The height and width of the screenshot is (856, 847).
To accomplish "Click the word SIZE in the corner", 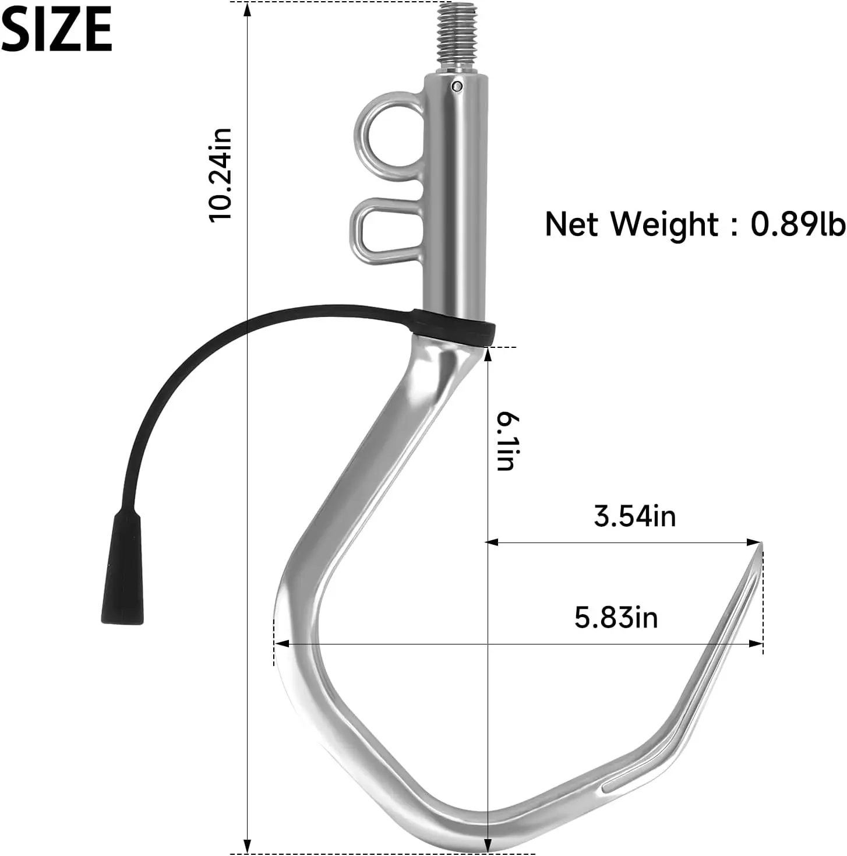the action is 57,30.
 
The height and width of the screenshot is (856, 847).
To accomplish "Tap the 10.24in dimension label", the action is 220,175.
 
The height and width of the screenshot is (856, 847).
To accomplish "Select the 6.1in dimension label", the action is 506,441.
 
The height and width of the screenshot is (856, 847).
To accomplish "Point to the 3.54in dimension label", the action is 634,517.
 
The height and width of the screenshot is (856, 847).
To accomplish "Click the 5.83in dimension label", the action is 616,618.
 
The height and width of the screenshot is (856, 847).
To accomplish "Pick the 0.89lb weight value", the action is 797,224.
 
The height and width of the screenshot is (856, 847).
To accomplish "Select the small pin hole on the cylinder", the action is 457,86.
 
